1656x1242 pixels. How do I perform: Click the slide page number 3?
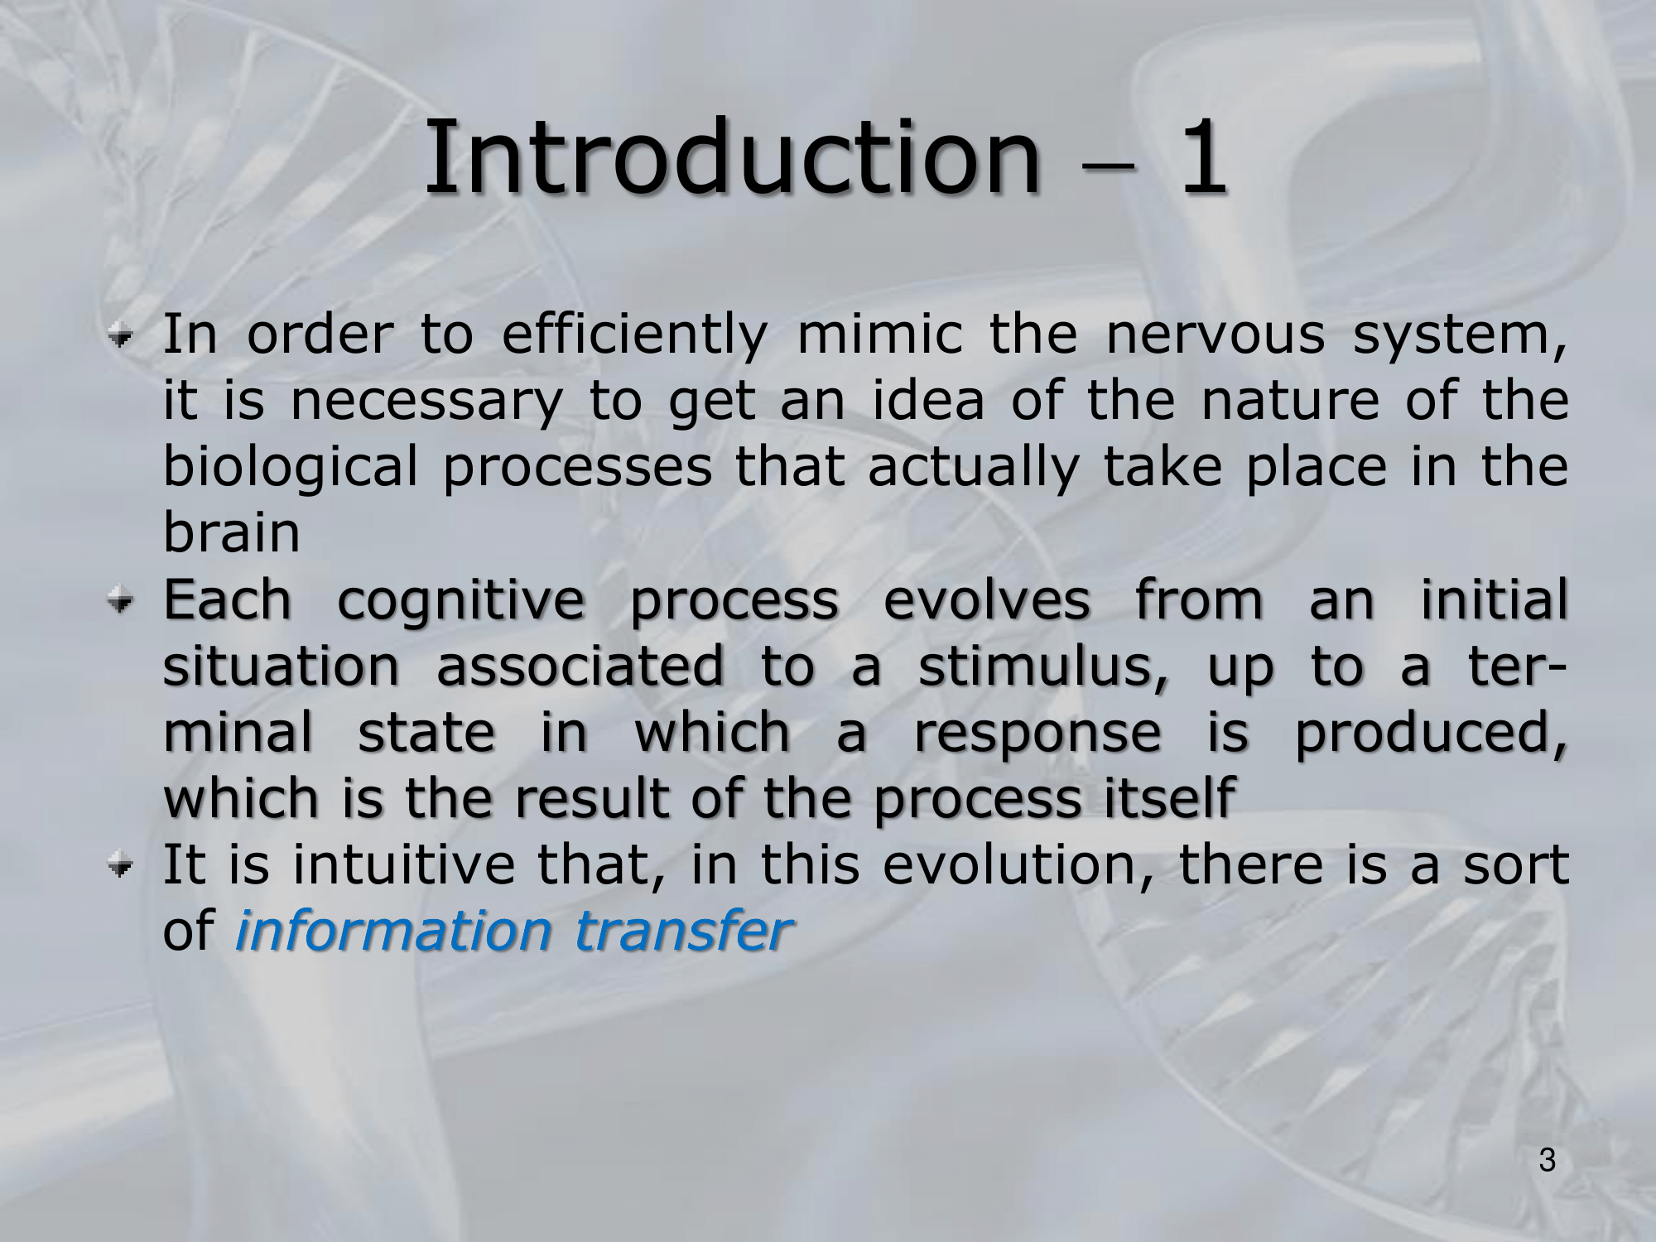[x=1548, y=1161]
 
